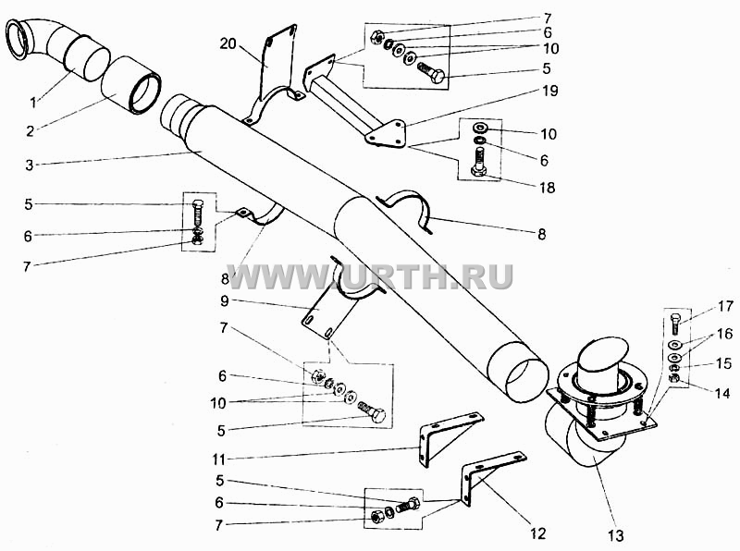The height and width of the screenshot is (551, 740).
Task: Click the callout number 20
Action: [x=228, y=43]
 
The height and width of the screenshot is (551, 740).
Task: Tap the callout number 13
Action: [x=616, y=535]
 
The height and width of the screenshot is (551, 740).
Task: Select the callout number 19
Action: [x=550, y=90]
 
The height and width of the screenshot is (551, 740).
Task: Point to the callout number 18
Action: [x=548, y=188]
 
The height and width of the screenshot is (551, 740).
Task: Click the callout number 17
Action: [x=726, y=306]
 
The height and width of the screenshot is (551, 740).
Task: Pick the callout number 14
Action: [x=722, y=393]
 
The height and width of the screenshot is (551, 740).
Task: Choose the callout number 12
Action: [x=538, y=533]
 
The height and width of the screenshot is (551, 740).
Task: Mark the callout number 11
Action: [x=218, y=458]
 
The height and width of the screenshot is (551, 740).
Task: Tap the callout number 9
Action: [x=224, y=300]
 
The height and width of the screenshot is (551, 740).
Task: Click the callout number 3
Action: [x=30, y=165]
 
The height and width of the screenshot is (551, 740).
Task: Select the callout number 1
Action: [x=33, y=102]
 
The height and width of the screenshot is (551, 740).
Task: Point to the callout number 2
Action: [x=31, y=130]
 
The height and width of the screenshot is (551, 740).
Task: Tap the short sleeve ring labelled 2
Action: [x=131, y=85]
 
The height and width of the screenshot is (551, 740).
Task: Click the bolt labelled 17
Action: [x=675, y=324]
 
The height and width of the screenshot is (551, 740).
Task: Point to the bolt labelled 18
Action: [x=478, y=162]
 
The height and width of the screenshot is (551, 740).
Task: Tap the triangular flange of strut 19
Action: [x=386, y=133]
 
